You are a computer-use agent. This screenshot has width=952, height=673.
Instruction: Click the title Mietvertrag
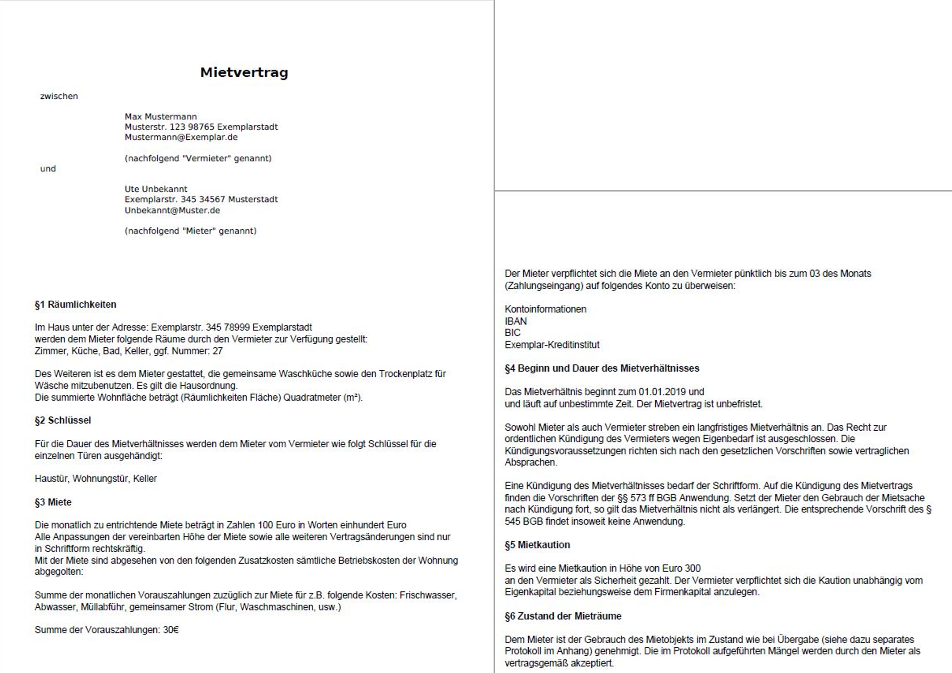click(244, 73)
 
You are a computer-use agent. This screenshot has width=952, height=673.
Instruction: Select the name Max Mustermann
click(161, 116)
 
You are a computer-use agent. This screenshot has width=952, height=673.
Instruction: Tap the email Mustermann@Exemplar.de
click(181, 137)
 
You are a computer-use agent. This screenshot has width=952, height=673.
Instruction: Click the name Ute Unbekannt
click(156, 189)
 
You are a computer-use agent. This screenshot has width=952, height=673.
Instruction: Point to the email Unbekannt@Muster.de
click(172, 210)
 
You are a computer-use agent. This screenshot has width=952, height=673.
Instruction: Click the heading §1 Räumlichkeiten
click(75, 304)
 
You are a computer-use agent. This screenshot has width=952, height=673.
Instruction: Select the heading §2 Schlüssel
click(63, 420)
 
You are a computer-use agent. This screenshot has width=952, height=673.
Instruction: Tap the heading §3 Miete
click(53, 502)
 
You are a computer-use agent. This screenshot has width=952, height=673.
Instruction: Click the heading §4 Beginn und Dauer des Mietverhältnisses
click(602, 368)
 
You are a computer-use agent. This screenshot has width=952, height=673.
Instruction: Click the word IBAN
click(515, 321)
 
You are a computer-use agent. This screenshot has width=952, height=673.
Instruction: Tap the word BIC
click(512, 332)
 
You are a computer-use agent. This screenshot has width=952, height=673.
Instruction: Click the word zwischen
click(59, 96)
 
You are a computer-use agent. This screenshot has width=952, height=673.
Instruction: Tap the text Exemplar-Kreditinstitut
click(552, 345)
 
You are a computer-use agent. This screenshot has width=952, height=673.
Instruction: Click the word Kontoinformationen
click(545, 309)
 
